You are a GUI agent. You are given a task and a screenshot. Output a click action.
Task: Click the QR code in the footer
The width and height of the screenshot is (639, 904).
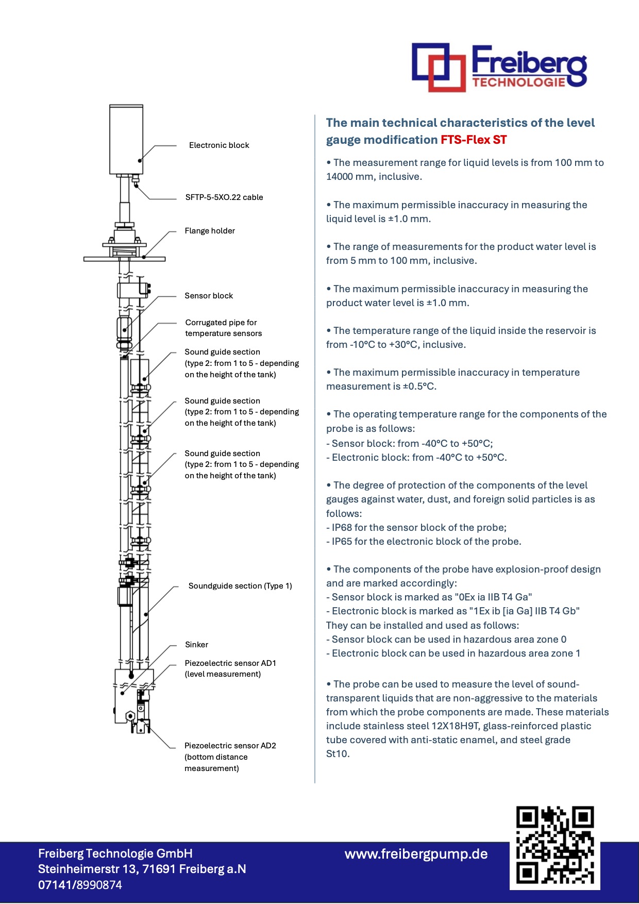pyautogui.click(x=555, y=845)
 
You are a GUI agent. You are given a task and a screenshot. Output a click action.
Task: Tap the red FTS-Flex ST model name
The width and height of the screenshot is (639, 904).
pyautogui.click(x=474, y=140)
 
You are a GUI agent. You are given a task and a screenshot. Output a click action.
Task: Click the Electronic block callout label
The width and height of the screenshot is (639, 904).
pyautogui.click(x=219, y=145)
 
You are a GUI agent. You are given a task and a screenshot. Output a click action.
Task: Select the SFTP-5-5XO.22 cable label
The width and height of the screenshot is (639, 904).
pyautogui.click(x=224, y=197)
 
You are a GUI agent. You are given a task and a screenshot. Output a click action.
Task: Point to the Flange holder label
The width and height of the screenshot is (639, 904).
pyautogui.click(x=210, y=231)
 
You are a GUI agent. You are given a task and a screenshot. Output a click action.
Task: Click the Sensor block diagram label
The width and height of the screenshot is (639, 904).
pyautogui.click(x=209, y=296)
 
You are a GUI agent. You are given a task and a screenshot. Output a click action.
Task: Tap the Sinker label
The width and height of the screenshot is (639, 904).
pyautogui.click(x=196, y=645)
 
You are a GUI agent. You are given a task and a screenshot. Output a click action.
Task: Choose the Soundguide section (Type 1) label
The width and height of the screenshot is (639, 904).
pyautogui.click(x=240, y=586)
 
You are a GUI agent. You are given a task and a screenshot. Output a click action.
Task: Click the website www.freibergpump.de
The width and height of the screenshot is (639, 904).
pyautogui.click(x=416, y=854)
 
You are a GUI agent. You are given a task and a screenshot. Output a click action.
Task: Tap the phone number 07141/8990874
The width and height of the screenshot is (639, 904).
pyautogui.click(x=80, y=885)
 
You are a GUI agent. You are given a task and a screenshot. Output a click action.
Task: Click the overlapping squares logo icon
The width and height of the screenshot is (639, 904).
pyautogui.click(x=439, y=67)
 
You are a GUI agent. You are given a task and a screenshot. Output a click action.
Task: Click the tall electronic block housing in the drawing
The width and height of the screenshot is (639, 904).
pyautogui.click(x=126, y=139)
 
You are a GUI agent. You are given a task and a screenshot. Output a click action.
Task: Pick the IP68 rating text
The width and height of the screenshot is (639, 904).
pyautogui.click(x=342, y=528)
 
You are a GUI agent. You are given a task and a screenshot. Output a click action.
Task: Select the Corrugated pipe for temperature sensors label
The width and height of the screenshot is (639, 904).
pyautogui.click(x=223, y=328)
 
